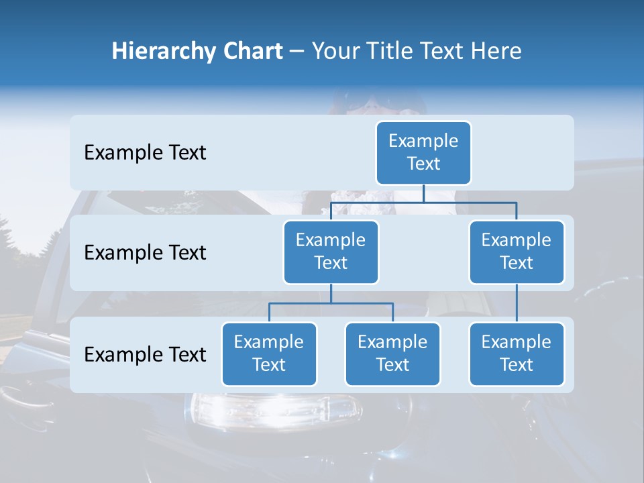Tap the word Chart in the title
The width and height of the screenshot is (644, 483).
click(x=252, y=52)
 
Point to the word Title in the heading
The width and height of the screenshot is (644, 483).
click(x=392, y=52)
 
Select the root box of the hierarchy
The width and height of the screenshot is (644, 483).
click(x=423, y=152)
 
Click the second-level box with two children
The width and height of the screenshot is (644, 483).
click(x=331, y=252)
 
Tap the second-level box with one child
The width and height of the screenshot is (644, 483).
click(x=517, y=252)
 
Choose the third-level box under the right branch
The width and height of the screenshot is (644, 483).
click(x=517, y=354)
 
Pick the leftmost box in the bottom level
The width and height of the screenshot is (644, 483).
click(x=269, y=354)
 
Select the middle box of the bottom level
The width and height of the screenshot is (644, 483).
click(x=392, y=354)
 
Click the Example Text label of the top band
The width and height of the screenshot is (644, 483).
click(x=145, y=153)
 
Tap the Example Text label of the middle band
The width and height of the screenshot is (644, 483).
click(x=145, y=253)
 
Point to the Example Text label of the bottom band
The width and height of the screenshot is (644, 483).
click(x=145, y=354)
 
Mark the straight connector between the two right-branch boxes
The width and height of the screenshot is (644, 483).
click(x=517, y=303)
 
